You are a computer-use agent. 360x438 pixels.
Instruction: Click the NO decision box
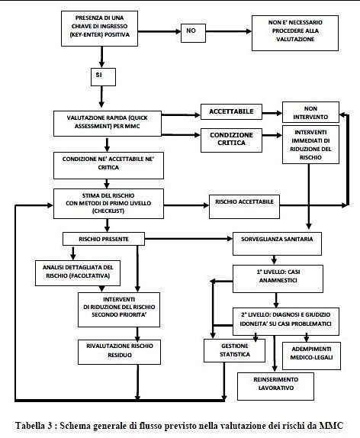(193, 33)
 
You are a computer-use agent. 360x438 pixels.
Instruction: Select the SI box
(103, 77)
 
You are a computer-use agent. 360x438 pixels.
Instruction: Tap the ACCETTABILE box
(231, 111)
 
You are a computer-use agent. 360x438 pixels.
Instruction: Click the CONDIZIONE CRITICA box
(231, 140)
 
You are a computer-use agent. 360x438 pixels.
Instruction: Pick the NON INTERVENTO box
(310, 112)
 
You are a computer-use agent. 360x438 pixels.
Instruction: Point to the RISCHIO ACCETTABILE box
(244, 207)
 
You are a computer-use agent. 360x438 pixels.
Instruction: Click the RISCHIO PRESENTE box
(104, 239)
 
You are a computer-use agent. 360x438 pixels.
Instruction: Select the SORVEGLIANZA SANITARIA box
(277, 243)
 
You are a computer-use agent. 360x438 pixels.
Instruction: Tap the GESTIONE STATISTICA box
(234, 350)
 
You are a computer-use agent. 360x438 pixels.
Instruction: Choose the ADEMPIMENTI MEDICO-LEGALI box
(311, 356)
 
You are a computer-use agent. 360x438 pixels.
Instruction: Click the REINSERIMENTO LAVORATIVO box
(275, 386)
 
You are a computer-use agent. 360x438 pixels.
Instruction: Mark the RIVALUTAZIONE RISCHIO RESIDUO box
(119, 352)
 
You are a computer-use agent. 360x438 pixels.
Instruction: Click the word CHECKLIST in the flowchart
(108, 211)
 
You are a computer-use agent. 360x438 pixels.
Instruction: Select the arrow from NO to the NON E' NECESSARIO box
(229, 31)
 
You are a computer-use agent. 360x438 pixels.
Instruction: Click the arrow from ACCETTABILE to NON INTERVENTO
(272, 113)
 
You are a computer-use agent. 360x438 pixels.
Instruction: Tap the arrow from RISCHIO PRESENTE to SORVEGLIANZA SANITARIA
(188, 239)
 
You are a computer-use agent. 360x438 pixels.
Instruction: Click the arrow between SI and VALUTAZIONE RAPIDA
(101, 97)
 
